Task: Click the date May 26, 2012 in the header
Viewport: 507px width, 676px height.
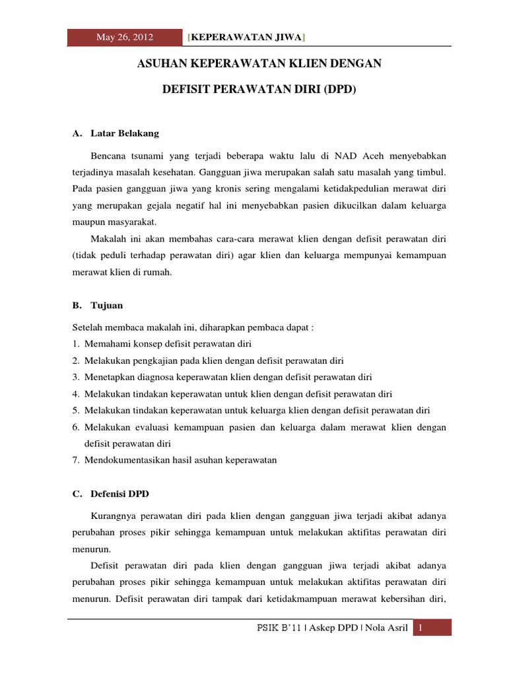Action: (x=125, y=37)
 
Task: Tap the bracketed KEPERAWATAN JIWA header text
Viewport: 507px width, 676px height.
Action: (x=246, y=37)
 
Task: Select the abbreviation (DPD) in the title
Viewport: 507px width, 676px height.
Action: (x=339, y=88)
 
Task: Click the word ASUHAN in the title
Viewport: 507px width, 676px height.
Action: (x=160, y=65)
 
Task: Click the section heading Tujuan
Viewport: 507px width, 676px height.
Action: (x=107, y=306)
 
